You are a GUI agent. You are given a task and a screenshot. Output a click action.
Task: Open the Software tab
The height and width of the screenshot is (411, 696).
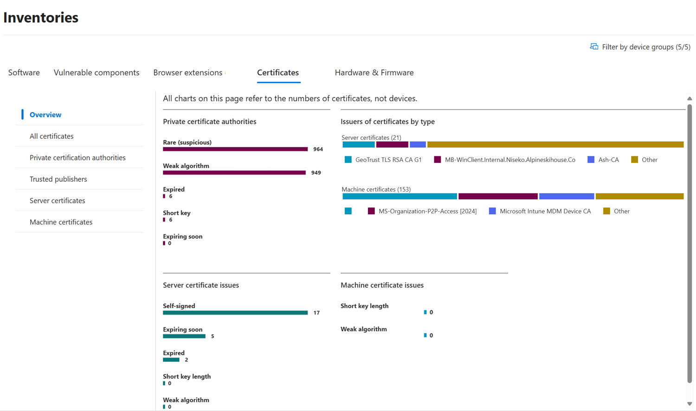[24, 72]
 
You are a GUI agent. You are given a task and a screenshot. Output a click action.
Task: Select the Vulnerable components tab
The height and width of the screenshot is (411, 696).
[97, 72]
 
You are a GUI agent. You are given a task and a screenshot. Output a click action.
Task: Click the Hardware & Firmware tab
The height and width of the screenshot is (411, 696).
[374, 72]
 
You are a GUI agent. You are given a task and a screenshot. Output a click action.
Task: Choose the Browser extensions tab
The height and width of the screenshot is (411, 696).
[188, 72]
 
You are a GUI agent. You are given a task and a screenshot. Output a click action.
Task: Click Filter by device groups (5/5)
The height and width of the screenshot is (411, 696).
[640, 47]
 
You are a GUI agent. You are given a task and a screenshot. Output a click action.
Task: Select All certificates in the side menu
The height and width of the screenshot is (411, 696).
[52, 136]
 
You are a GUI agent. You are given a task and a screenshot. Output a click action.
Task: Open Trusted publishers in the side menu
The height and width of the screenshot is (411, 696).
[58, 179]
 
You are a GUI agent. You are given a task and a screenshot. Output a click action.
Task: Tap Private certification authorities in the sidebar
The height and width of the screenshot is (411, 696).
[77, 158]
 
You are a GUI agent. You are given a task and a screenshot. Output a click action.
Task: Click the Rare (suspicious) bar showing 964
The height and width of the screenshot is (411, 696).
[235, 149]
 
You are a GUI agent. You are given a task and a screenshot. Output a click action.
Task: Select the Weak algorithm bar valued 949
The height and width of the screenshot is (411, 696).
[234, 173]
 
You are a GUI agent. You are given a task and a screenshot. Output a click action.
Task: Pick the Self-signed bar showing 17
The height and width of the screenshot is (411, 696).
[235, 313]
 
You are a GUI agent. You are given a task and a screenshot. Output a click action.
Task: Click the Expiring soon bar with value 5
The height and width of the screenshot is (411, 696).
[184, 336]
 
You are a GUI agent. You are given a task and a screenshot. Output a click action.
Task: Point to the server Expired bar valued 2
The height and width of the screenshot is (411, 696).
[171, 360]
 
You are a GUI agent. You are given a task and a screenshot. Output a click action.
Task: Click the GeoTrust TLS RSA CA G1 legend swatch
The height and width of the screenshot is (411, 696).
[348, 160]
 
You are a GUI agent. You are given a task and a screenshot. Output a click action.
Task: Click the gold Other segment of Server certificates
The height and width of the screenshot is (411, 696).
[555, 145]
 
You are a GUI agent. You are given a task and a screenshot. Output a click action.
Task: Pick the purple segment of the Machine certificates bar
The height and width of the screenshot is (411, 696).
[498, 196]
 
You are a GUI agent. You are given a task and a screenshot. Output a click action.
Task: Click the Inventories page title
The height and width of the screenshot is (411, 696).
[41, 18]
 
